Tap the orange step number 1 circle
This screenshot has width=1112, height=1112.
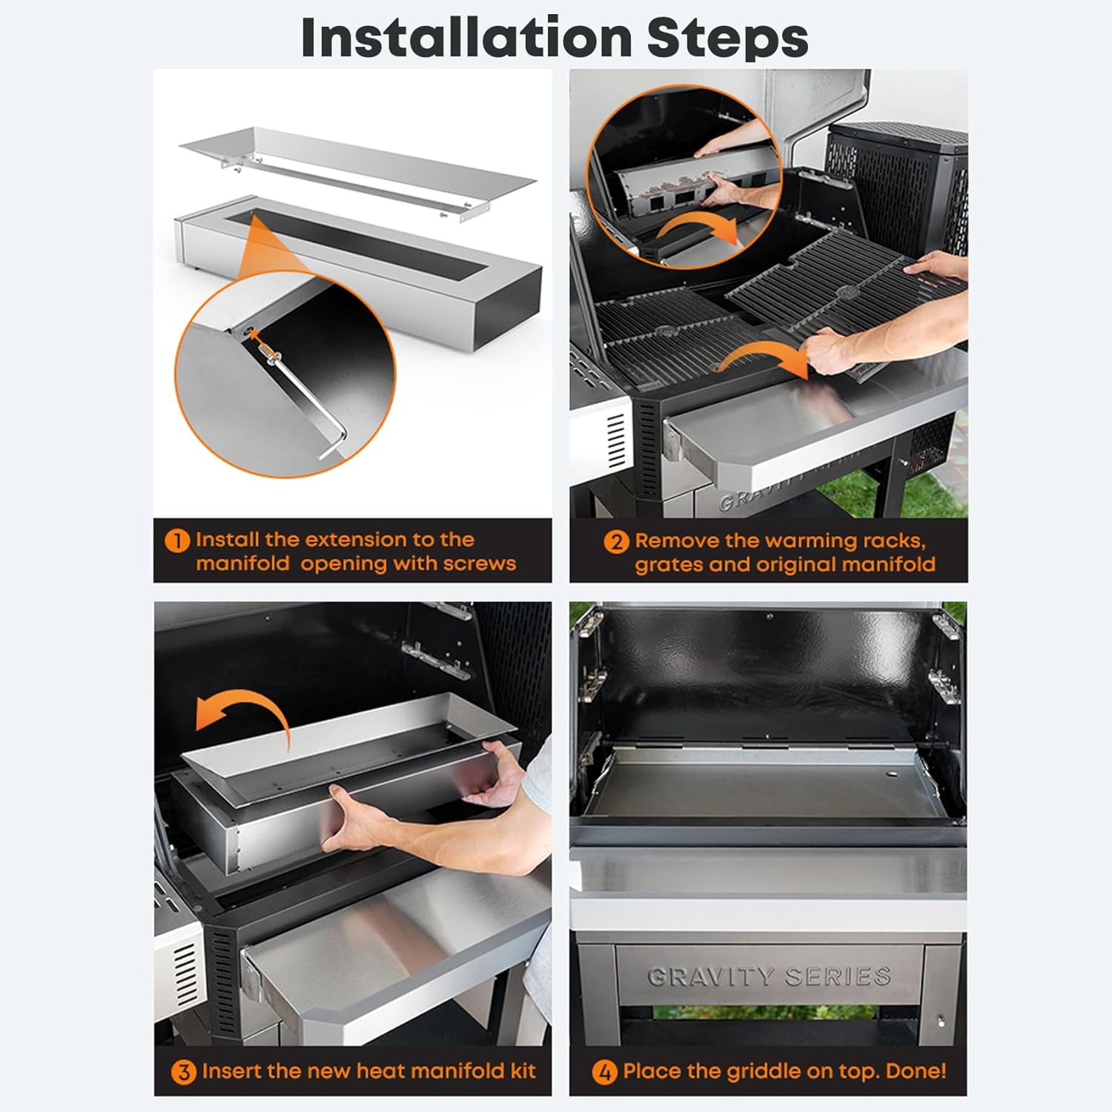click(178, 540)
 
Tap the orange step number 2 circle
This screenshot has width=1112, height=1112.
click(617, 542)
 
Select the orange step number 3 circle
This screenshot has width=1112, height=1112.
click(184, 1072)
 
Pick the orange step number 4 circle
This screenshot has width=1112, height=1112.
click(605, 1072)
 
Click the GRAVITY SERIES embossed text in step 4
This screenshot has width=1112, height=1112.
click(769, 976)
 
